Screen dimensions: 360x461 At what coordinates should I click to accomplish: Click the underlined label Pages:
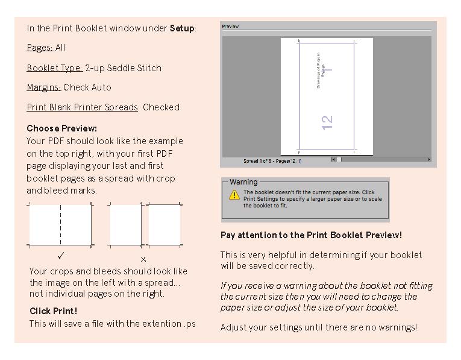(x=39, y=48)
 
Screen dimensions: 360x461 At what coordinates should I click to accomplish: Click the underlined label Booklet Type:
(x=54, y=68)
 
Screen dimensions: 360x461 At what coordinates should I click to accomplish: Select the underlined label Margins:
(x=43, y=87)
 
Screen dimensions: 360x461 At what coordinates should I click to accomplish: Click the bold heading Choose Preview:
(x=61, y=128)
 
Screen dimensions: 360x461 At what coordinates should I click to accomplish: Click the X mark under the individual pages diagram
(x=143, y=259)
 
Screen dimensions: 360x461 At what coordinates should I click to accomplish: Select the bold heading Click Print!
(x=53, y=311)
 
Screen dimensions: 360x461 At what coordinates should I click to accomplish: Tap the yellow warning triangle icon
(x=234, y=195)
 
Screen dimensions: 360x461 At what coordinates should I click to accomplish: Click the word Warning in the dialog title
(x=243, y=182)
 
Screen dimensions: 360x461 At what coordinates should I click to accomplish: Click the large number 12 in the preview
(x=327, y=122)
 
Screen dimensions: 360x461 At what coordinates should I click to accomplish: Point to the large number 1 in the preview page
(x=329, y=71)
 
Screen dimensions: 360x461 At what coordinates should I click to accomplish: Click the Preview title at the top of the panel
(x=230, y=27)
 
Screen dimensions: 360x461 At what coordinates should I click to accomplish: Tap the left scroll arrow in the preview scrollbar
(x=333, y=160)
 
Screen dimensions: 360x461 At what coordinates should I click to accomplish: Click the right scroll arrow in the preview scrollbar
(x=429, y=160)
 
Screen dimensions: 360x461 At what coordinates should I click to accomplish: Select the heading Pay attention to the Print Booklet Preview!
(x=311, y=235)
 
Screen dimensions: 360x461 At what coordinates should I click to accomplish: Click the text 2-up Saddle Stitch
(x=123, y=68)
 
